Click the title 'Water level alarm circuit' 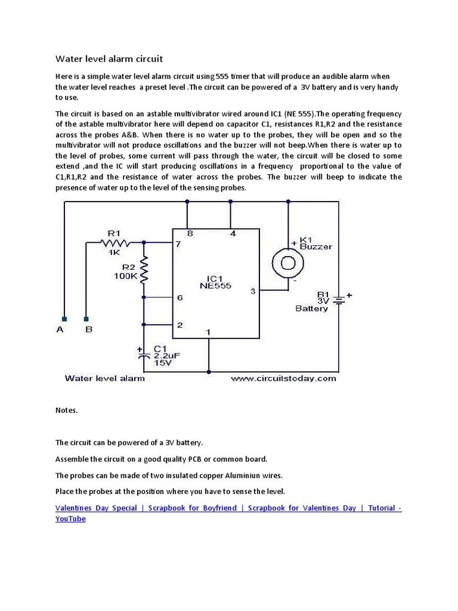[109, 58]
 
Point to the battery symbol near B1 [339, 302]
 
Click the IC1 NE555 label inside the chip [216, 281]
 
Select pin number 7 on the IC [178, 245]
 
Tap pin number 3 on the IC [253, 291]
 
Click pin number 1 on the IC [208, 332]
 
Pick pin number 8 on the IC [190, 234]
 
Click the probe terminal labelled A [64, 319]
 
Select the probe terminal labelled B [86, 319]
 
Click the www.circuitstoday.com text [283, 378]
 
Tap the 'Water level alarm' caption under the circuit [104, 378]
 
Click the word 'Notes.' [66, 411]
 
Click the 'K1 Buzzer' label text [316, 242]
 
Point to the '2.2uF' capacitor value [167, 356]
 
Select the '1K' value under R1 [114, 252]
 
